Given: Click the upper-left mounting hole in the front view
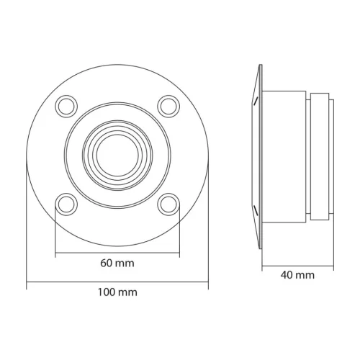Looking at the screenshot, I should [66, 105].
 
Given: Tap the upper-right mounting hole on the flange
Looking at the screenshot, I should [168, 105].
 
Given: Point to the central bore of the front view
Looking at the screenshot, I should [117, 154].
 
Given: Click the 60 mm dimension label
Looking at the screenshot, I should [117, 264].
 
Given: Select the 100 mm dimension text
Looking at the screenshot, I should [117, 292].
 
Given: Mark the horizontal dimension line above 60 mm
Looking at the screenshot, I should [117, 253].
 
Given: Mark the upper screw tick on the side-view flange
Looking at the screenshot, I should [255, 102].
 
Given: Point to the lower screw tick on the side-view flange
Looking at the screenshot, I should [255, 208].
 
